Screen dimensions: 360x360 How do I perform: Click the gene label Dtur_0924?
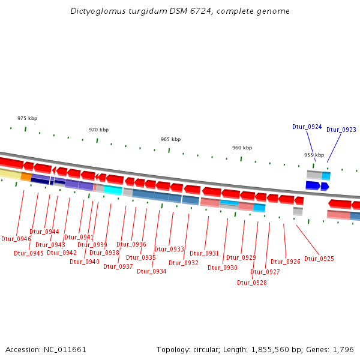coord(307,127)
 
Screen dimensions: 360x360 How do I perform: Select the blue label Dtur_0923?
coord(341,130)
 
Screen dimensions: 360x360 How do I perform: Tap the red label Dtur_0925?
coord(319,259)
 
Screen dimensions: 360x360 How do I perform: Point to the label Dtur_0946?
coord(16,239)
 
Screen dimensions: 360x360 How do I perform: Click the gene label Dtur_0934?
coord(151,271)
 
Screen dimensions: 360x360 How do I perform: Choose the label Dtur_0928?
coord(251,283)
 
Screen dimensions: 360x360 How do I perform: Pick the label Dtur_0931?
coord(204,253)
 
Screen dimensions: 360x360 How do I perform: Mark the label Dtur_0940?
coord(84,262)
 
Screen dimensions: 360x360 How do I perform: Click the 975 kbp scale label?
coord(27,119)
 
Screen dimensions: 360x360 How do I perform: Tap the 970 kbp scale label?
coord(98,130)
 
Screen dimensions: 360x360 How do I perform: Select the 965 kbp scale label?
coord(170,139)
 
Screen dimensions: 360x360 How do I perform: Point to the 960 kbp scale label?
coord(242,148)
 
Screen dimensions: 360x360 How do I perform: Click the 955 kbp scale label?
coord(314,155)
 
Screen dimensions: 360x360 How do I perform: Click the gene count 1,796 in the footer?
coord(343,349)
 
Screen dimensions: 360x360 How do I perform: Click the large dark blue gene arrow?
coord(312,185)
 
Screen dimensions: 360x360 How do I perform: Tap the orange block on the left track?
coord(26,176)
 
